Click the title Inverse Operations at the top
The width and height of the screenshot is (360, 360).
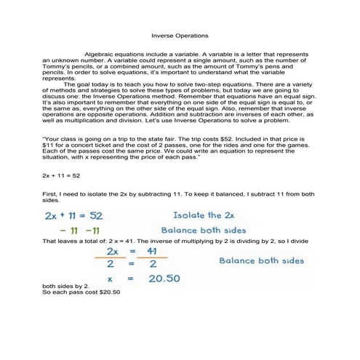179,35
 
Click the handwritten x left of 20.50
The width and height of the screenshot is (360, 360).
108,280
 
